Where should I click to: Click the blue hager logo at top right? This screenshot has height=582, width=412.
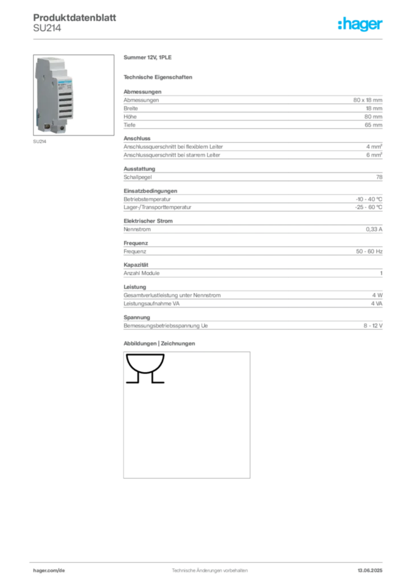click(361, 24)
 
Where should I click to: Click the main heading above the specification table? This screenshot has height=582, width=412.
click(147, 58)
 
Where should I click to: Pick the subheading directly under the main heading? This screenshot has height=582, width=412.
click(159, 76)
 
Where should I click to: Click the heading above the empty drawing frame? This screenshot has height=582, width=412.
click(159, 344)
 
